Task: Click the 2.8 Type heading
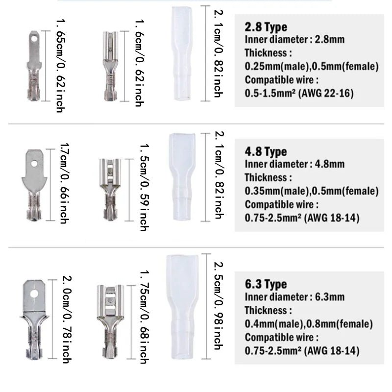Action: point(266,27)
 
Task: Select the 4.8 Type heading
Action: point(266,151)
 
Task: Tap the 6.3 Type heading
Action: point(266,284)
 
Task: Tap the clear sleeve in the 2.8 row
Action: point(182,54)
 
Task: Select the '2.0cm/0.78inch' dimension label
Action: point(66,319)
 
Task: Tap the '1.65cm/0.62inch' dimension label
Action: point(60,66)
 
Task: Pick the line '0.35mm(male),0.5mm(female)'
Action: point(312,191)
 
